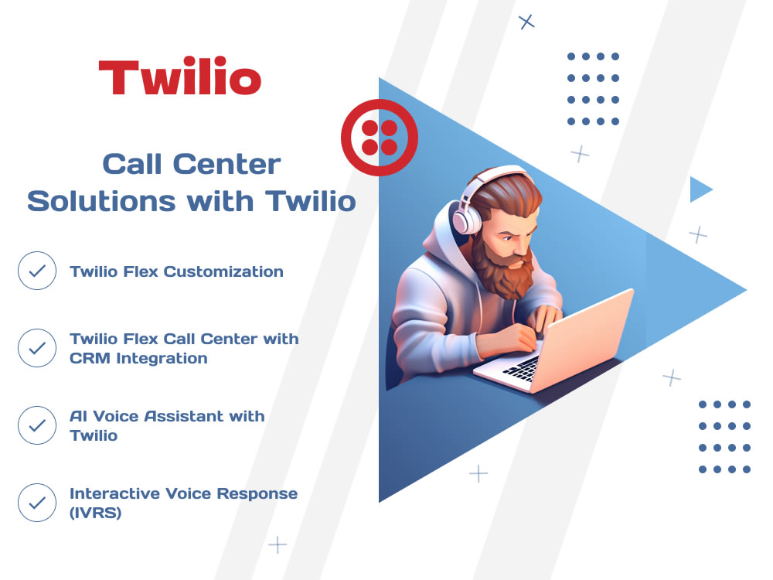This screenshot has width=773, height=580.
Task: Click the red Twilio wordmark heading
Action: (179, 78)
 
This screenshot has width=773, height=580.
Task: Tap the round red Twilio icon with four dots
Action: (380, 138)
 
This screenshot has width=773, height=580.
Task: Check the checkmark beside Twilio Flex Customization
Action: (37, 271)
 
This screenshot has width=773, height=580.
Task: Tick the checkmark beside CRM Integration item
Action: (37, 348)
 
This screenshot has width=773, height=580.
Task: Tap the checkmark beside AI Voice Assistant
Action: (37, 425)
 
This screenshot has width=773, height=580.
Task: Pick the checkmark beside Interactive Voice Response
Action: (37, 503)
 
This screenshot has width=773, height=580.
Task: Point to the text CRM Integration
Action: (138, 358)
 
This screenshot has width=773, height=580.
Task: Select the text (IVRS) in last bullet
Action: (95, 512)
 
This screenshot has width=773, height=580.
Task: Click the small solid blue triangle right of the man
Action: (699, 189)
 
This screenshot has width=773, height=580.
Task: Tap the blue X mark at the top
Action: (527, 22)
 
